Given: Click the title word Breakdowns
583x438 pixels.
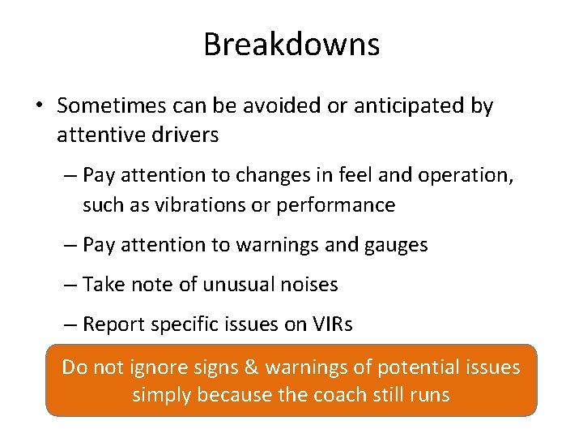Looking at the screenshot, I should tap(291, 44).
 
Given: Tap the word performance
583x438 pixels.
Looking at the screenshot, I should tap(335, 205).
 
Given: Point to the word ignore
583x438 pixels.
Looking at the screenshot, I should tap(157, 367).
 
